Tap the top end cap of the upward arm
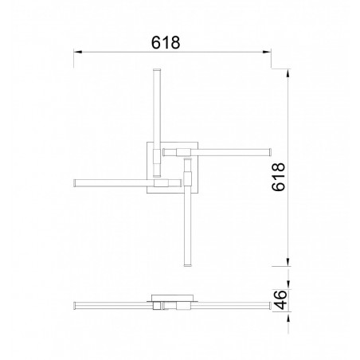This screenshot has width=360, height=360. pos(156,71)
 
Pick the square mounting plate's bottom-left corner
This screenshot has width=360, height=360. pos(146,192)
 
